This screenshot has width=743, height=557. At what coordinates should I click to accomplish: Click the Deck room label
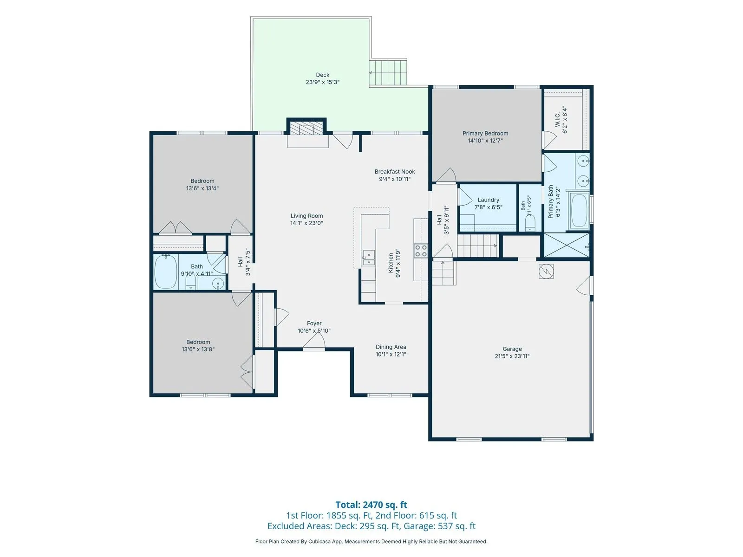tap(322, 75)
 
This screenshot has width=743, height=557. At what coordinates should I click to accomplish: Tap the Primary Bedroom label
tap(485, 133)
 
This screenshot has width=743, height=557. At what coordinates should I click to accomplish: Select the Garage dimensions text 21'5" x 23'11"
tap(512, 356)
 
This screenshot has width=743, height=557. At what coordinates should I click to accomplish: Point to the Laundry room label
tap(488, 200)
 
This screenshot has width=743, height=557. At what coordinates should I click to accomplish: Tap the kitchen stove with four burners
tap(420, 251)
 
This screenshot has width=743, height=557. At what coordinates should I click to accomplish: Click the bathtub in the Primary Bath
tap(580, 211)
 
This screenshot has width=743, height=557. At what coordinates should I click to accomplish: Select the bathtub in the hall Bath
tap(166, 272)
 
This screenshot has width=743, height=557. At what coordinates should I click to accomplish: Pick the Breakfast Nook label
tap(394, 171)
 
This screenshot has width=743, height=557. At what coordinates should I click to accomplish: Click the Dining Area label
tap(391, 347)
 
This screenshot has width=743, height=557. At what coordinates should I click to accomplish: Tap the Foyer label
tap(314, 324)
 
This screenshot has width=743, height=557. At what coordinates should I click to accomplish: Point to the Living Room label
tap(306, 216)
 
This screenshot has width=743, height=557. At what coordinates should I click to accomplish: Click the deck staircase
tap(388, 73)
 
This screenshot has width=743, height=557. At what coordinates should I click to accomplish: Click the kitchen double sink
tap(369, 258)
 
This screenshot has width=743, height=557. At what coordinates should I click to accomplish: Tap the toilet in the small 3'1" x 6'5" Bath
tap(530, 223)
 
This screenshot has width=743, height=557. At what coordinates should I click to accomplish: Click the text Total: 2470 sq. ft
tap(371, 505)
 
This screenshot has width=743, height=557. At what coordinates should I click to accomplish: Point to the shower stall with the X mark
tap(567, 246)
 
